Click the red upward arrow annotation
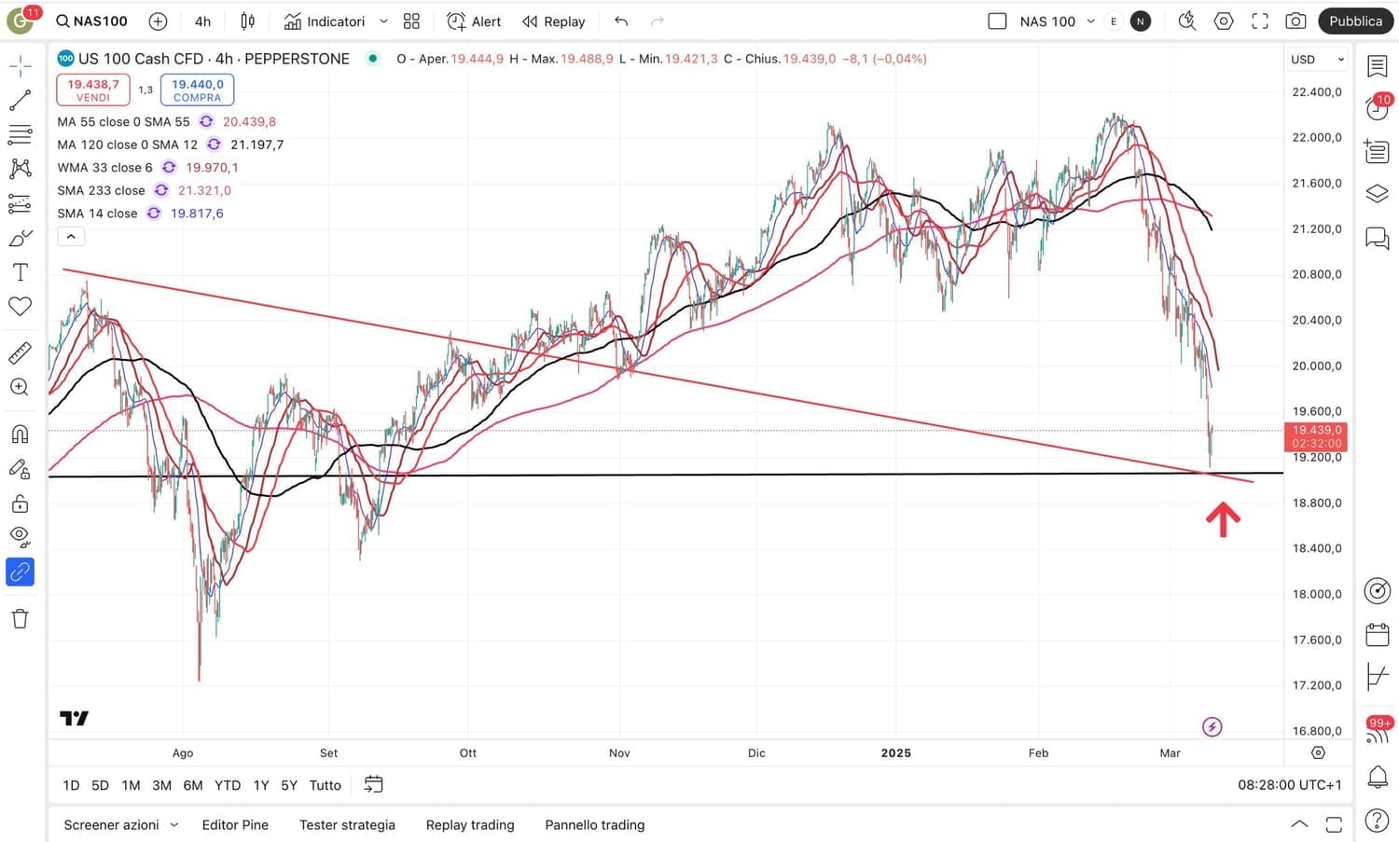coord(1223,519)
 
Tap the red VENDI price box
coord(93,90)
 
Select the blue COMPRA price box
coord(197,90)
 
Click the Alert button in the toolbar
coord(474,21)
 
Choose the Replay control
coord(554,21)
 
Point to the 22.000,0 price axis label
coord(1316,137)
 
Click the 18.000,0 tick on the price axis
coord(1316,594)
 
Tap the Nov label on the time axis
coord(619,752)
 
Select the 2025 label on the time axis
coord(895,752)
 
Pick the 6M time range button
coord(193,785)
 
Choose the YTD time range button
coord(228,785)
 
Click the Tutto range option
coord(325,785)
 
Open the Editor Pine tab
coord(235,825)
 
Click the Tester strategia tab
coord(347,825)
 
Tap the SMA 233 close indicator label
coord(101,190)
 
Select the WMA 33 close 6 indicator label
coord(104,168)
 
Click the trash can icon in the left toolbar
coord(20,618)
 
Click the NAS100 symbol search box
coord(91,21)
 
